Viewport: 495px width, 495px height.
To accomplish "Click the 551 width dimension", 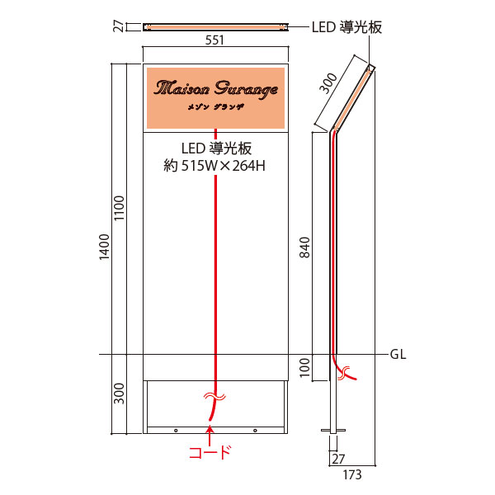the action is point(214,40).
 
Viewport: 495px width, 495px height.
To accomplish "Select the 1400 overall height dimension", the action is point(105,247).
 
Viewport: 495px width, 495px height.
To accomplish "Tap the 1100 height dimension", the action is point(120,209).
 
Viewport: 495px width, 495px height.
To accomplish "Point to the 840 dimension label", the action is point(304,247).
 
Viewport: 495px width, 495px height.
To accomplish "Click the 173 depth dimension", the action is point(352,474).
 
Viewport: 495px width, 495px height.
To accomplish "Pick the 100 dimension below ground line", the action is point(305,367).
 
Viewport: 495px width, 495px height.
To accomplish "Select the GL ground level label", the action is point(398,355).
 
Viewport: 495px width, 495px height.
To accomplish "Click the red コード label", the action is point(210,452).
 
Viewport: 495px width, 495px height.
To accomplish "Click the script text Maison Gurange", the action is point(216,88).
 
